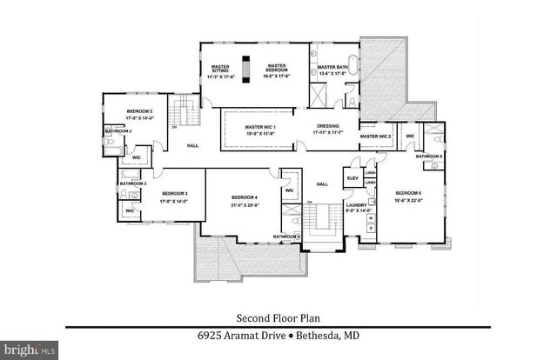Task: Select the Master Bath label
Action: click(332, 67)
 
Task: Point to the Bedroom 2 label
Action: click(139, 111)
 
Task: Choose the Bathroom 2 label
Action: click(118, 130)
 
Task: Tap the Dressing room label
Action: click(327, 127)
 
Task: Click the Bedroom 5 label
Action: click(408, 193)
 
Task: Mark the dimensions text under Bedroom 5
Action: click(408, 200)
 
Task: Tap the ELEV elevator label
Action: click(352, 178)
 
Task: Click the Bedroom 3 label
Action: click(174, 193)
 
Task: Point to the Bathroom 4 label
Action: click(286, 237)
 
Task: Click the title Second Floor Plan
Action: click(278, 318)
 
